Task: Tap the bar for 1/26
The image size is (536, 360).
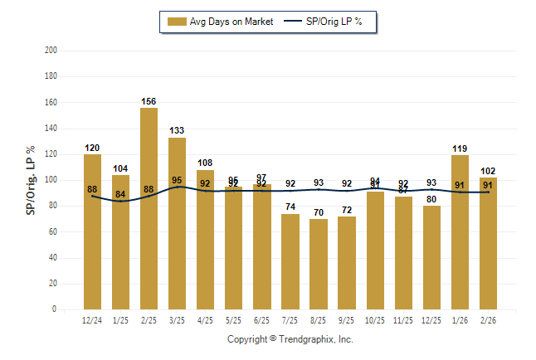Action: pos(460,232)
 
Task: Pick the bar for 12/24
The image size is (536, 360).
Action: pos(92,231)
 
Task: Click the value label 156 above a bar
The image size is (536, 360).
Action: pos(149,101)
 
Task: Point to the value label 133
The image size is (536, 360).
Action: pos(178,131)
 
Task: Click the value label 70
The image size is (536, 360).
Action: pos(319,213)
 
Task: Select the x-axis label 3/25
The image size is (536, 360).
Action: pos(178,319)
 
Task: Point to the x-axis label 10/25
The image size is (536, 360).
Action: pos(375,319)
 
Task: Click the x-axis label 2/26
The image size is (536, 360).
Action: pos(488,319)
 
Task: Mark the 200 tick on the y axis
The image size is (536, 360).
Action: pos(51,51)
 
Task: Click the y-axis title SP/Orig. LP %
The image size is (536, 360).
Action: pos(31,180)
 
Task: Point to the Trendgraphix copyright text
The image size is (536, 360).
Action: pos(290,339)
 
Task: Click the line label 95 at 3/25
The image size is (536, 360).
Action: pos(178,180)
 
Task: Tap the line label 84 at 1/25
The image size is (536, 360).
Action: pos(120,195)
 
